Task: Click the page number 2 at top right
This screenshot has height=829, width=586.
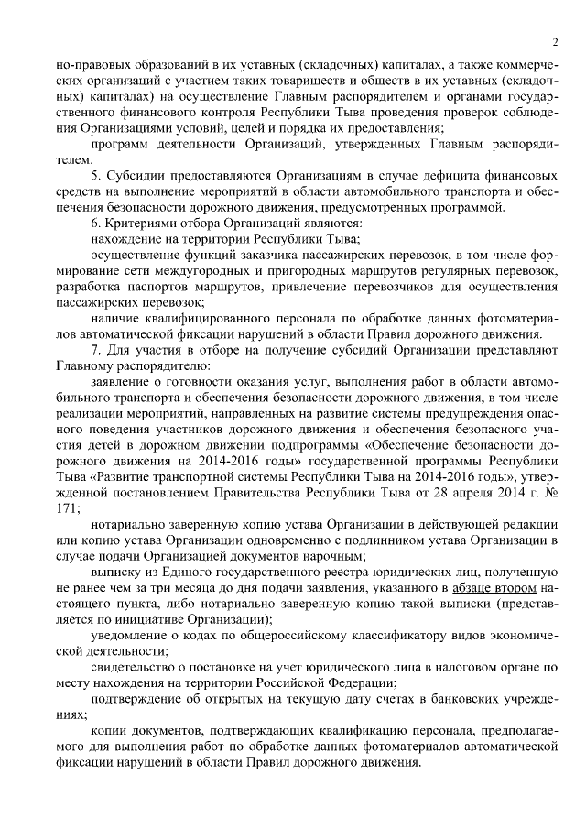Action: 555,42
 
